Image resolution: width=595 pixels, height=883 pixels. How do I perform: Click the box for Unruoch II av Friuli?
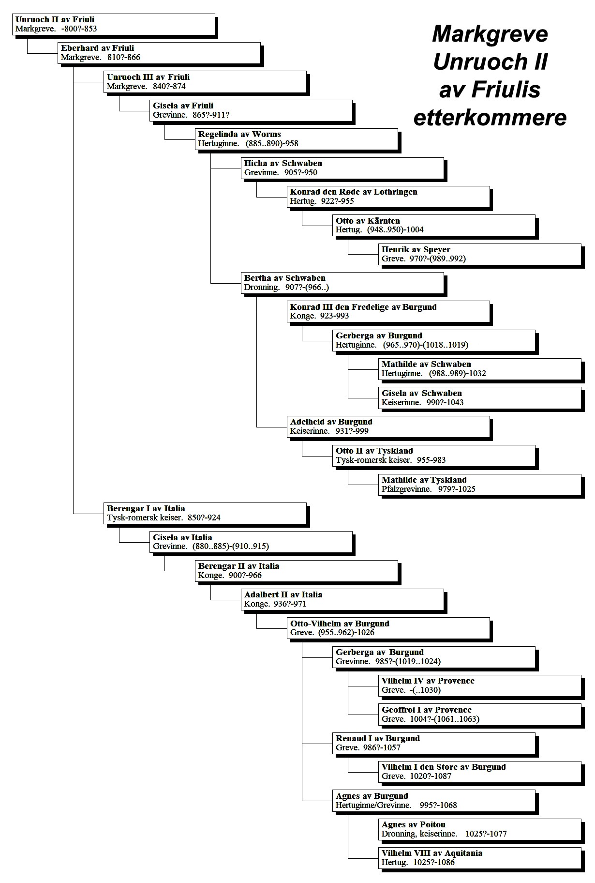[114, 24]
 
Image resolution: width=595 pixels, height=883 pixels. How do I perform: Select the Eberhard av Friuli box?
[159, 53]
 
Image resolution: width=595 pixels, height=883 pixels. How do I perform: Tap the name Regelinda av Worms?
[239, 135]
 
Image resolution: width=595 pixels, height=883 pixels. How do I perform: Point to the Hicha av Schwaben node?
[342, 168]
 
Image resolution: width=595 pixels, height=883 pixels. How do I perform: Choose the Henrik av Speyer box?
[480, 255]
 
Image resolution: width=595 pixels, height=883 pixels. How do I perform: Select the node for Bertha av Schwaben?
[342, 283]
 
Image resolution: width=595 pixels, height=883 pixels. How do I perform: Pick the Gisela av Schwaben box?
[480, 398]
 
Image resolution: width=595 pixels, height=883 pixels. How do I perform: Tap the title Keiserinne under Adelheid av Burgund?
[310, 431]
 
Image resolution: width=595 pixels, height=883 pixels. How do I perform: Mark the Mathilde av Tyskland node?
[480, 485]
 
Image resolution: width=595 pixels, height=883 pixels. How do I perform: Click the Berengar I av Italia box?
[205, 514]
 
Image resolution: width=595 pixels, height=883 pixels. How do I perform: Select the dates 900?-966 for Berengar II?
[245, 576]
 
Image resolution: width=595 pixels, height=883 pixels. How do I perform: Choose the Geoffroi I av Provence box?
[480, 715]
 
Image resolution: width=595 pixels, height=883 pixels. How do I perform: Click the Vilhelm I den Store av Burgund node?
[480, 772]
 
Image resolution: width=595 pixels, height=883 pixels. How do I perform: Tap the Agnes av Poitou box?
[480, 829]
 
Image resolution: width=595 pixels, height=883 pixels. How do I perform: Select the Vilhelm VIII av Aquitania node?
[480, 858]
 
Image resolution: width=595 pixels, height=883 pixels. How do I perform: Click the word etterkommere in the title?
[490, 118]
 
